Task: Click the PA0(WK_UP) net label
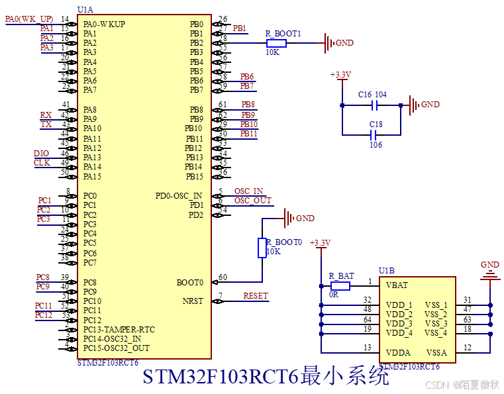point(29,19)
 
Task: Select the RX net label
point(46,115)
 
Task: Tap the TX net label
point(46,124)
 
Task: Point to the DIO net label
point(41,154)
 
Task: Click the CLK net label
point(42,163)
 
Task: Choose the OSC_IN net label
point(248,191)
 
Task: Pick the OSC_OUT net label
point(252,201)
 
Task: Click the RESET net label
point(256,296)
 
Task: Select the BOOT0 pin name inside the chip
point(190,283)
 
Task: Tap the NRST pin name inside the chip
point(193,301)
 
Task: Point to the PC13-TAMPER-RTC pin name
point(119,329)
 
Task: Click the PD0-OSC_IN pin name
point(179,196)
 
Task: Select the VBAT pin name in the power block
point(397,285)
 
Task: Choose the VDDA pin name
point(397,352)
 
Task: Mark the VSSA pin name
point(436,352)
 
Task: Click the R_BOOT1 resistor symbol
point(276,44)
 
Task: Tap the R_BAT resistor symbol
point(340,286)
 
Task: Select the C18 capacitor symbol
point(376,134)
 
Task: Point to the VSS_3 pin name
point(436,324)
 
